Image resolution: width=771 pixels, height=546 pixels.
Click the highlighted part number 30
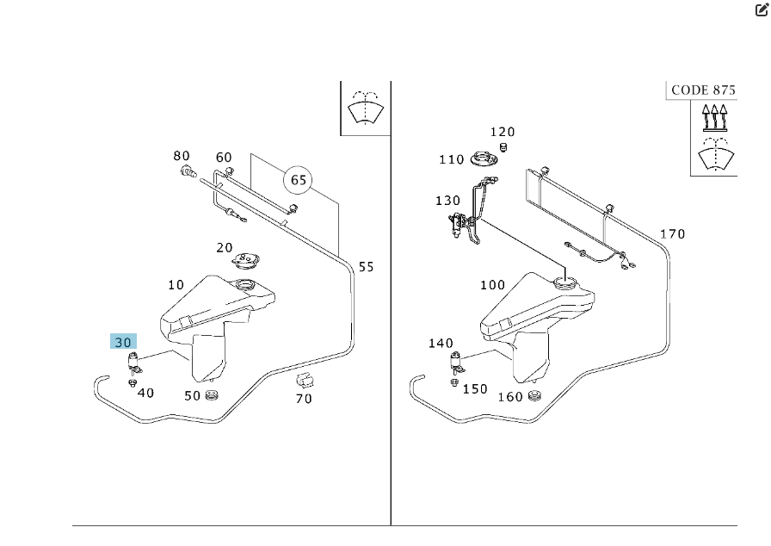(x=123, y=341)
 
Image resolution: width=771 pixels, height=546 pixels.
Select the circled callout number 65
(x=299, y=180)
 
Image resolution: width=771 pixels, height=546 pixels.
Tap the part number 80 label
(x=181, y=156)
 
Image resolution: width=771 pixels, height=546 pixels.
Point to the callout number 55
(x=366, y=267)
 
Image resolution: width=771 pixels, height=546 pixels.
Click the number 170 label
(x=672, y=234)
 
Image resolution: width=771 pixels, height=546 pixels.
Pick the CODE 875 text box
(x=701, y=90)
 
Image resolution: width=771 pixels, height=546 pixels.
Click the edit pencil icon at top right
(x=761, y=11)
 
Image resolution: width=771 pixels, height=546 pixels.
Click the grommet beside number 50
(x=213, y=394)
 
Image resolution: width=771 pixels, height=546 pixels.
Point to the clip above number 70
(x=303, y=380)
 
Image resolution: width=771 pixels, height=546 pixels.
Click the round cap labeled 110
(x=486, y=160)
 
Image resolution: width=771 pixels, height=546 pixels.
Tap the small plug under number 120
(x=504, y=147)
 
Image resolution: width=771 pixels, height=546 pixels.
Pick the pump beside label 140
(x=453, y=363)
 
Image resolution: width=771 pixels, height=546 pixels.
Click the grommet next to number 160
(x=534, y=395)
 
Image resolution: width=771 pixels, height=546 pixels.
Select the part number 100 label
(x=492, y=285)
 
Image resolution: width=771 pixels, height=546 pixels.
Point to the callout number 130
(x=447, y=201)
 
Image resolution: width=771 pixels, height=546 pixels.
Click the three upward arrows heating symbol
(x=714, y=116)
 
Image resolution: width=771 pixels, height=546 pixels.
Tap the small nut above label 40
(x=133, y=382)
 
